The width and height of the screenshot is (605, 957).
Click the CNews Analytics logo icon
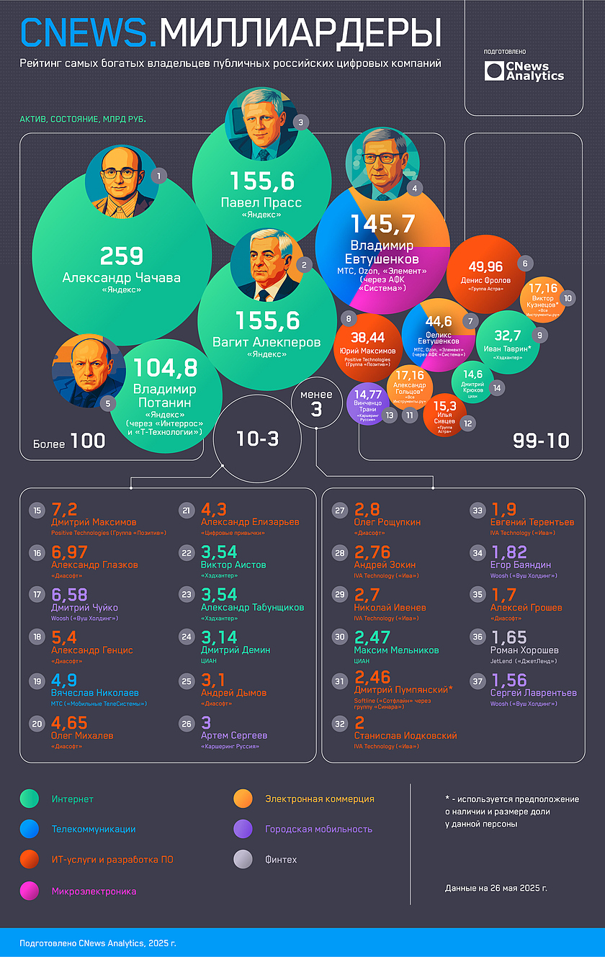494,71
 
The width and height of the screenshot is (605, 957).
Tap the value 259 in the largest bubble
122,256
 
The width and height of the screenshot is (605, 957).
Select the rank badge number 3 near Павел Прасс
301,122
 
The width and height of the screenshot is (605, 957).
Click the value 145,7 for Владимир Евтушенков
382,225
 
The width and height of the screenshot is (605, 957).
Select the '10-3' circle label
258,439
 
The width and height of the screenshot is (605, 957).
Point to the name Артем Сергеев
234,735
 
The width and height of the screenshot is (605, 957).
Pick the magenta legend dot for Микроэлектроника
30,891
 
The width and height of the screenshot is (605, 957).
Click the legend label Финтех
281,860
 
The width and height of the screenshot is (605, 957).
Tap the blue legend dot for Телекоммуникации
30,830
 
